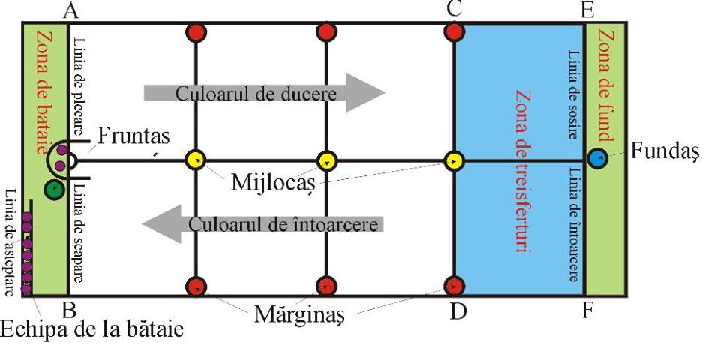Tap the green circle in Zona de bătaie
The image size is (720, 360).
pos(54,189)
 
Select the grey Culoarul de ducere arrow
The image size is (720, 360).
pos(265,92)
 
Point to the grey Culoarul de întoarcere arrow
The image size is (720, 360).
pos(262,224)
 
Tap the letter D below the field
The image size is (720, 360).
pos(457,311)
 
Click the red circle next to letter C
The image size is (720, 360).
pos(454,32)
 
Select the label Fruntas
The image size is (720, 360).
pos(133,136)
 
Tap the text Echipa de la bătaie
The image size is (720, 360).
pos(91,330)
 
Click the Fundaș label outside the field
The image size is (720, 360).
pos(664,151)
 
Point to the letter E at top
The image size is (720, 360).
pos(587,10)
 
